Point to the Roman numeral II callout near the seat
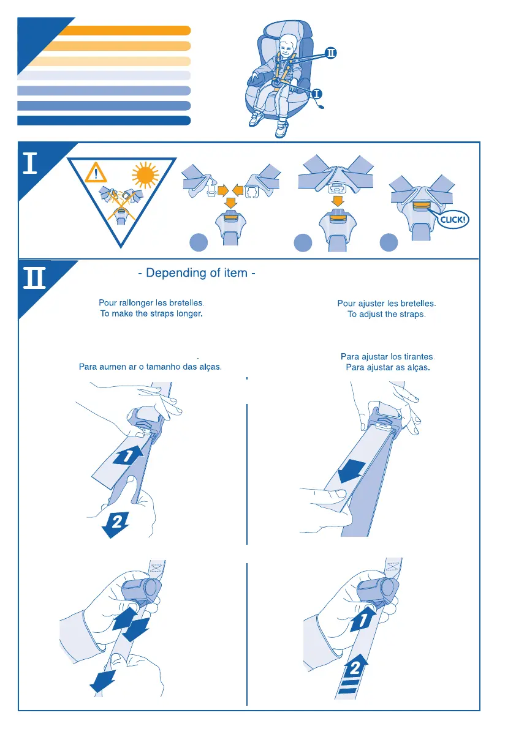point(330,54)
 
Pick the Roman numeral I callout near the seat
point(316,94)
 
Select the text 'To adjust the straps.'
point(386,314)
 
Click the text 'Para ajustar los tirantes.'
point(387,356)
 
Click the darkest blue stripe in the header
point(104,120)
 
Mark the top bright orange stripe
point(123,31)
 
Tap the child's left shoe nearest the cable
point(281,129)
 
